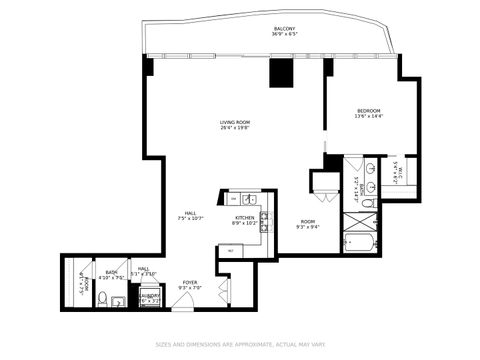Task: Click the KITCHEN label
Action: (244, 220)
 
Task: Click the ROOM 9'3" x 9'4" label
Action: (307, 223)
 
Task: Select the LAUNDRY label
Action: (150, 297)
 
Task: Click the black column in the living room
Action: (280, 75)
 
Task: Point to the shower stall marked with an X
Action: (355, 218)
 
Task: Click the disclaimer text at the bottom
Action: (239, 347)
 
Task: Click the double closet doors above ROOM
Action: (324, 182)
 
